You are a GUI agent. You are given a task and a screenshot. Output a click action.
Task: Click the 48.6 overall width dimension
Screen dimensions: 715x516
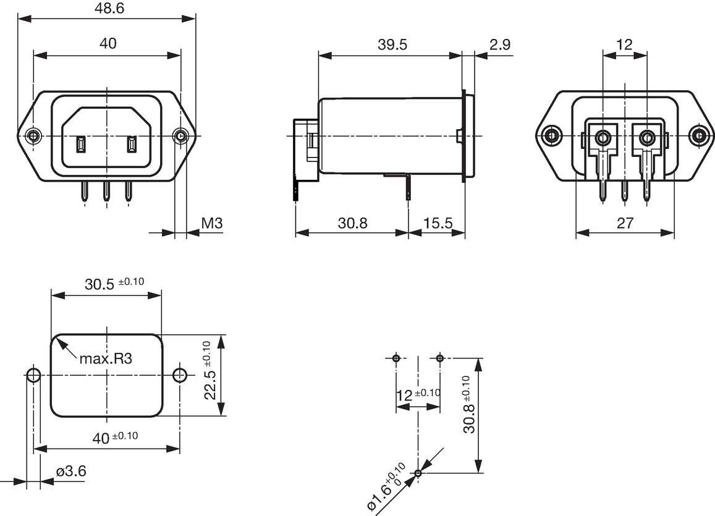pyautogui.click(x=108, y=9)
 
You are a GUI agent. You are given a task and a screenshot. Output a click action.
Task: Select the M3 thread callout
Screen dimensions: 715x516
pyautogui.click(x=211, y=223)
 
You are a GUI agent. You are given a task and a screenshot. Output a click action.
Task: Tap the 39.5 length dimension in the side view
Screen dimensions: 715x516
pyautogui.click(x=392, y=44)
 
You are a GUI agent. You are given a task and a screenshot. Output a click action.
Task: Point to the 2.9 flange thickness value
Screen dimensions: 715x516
pyautogui.click(x=500, y=44)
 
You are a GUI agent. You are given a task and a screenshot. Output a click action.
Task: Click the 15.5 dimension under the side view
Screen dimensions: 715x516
pyautogui.click(x=438, y=223)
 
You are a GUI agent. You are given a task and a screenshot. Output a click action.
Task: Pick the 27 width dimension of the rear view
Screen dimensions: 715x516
pyautogui.click(x=625, y=223)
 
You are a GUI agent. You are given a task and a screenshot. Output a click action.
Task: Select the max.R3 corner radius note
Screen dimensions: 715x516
pyautogui.click(x=106, y=359)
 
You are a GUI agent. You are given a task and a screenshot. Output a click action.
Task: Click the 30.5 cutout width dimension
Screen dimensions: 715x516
pyautogui.click(x=114, y=284)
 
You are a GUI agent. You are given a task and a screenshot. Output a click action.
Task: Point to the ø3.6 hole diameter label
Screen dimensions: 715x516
pyautogui.click(x=71, y=471)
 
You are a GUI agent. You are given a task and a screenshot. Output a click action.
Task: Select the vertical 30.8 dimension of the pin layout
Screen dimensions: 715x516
pyautogui.click(x=468, y=405)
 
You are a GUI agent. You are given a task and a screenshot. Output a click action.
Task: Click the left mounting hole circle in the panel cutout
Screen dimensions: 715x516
pyautogui.click(x=33, y=376)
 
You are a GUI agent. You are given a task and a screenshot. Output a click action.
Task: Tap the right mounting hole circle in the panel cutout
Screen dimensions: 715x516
pyautogui.click(x=180, y=376)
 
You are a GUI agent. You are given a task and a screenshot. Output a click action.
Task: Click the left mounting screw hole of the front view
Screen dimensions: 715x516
pyautogui.click(x=33, y=136)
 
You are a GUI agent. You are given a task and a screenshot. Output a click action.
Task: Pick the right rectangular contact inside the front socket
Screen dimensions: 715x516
pyautogui.click(x=132, y=145)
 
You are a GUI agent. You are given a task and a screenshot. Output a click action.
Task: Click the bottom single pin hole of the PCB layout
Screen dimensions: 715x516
pyautogui.click(x=418, y=473)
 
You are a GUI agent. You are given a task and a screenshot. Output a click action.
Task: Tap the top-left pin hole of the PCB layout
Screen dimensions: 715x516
pyautogui.click(x=396, y=358)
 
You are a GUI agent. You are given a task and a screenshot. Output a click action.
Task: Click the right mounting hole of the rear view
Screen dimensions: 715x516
pyautogui.click(x=698, y=136)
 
